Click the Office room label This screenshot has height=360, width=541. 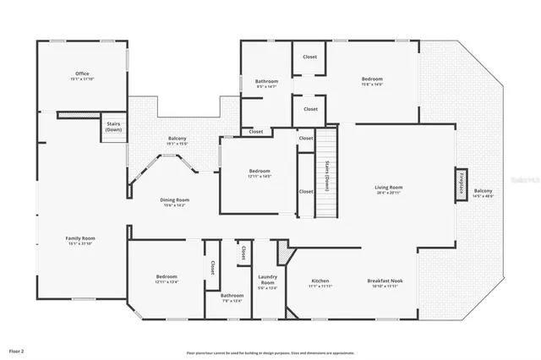(x=82, y=74)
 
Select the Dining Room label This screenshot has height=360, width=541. (x=175, y=200)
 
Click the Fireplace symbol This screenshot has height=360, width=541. (x=462, y=184)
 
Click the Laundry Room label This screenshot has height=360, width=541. (x=267, y=281)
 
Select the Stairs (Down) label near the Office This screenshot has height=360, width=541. (x=113, y=127)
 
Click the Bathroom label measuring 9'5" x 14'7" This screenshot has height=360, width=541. (x=266, y=82)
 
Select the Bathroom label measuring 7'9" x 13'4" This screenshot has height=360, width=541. (x=232, y=297)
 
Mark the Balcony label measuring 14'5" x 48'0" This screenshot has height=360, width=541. (x=483, y=193)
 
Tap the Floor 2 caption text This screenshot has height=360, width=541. (x=17, y=350)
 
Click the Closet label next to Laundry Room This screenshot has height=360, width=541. (x=242, y=252)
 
